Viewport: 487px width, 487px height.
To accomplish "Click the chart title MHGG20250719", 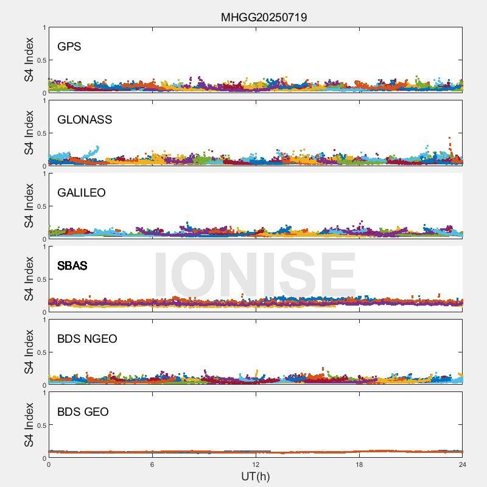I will [264, 17].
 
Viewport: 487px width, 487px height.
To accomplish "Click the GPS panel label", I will [69, 47].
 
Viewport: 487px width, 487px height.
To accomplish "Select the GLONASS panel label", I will [85, 120].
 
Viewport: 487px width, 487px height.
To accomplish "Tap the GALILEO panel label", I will [82, 193].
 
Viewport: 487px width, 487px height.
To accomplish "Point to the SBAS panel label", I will [72, 266].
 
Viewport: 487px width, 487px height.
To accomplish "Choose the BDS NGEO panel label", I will [87, 339].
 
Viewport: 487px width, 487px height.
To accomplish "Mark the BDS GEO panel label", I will [83, 412].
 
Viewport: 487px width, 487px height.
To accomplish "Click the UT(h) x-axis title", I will [255, 476].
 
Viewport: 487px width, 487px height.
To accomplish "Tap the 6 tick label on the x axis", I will [152, 464].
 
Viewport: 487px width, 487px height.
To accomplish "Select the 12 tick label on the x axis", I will [256, 464].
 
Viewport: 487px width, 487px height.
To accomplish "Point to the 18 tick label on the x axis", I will [359, 464].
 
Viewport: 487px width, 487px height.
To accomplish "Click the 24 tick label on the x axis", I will [462, 464].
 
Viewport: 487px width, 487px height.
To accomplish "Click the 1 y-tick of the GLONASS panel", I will [44, 101].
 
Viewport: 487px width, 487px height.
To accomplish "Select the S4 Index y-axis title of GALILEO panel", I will [29, 206].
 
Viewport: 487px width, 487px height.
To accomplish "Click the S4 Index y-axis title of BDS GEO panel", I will [29, 425].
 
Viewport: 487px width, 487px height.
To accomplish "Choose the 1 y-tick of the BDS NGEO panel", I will [44, 320].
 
